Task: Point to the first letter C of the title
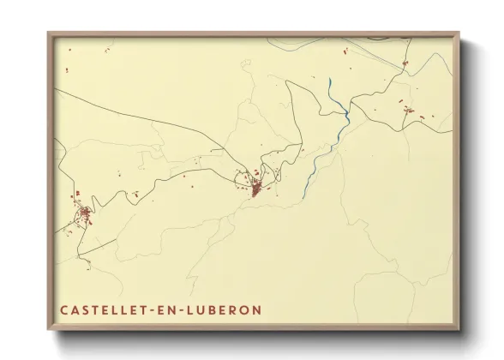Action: tap(64, 309)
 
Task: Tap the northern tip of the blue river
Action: tap(330, 81)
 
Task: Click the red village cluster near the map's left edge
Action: tap(85, 213)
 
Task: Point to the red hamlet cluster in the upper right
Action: tap(407, 109)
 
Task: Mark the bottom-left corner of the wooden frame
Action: tap(49, 329)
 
